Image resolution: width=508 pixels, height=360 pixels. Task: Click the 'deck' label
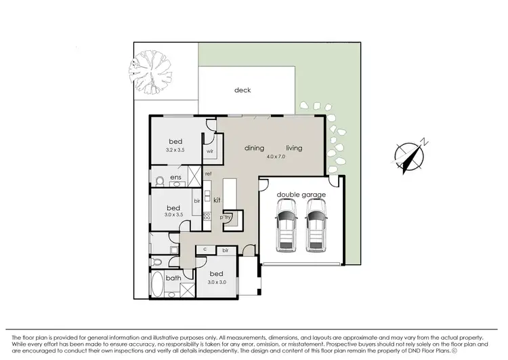(x=242, y=90)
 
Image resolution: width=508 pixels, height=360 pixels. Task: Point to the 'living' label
(x=294, y=148)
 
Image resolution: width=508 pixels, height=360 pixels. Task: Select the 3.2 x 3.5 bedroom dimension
(x=175, y=149)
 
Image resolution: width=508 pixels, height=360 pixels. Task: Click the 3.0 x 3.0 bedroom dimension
(x=217, y=281)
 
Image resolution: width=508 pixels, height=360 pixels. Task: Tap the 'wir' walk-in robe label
(x=210, y=151)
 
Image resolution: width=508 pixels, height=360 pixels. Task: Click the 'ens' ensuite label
(x=175, y=178)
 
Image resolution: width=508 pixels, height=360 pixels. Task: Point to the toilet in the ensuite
(x=158, y=180)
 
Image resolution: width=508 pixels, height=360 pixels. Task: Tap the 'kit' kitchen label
(x=217, y=201)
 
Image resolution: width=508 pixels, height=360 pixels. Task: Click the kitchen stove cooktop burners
(x=207, y=216)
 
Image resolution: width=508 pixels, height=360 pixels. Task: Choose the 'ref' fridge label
(x=209, y=174)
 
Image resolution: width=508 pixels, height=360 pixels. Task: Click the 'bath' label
(x=174, y=277)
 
